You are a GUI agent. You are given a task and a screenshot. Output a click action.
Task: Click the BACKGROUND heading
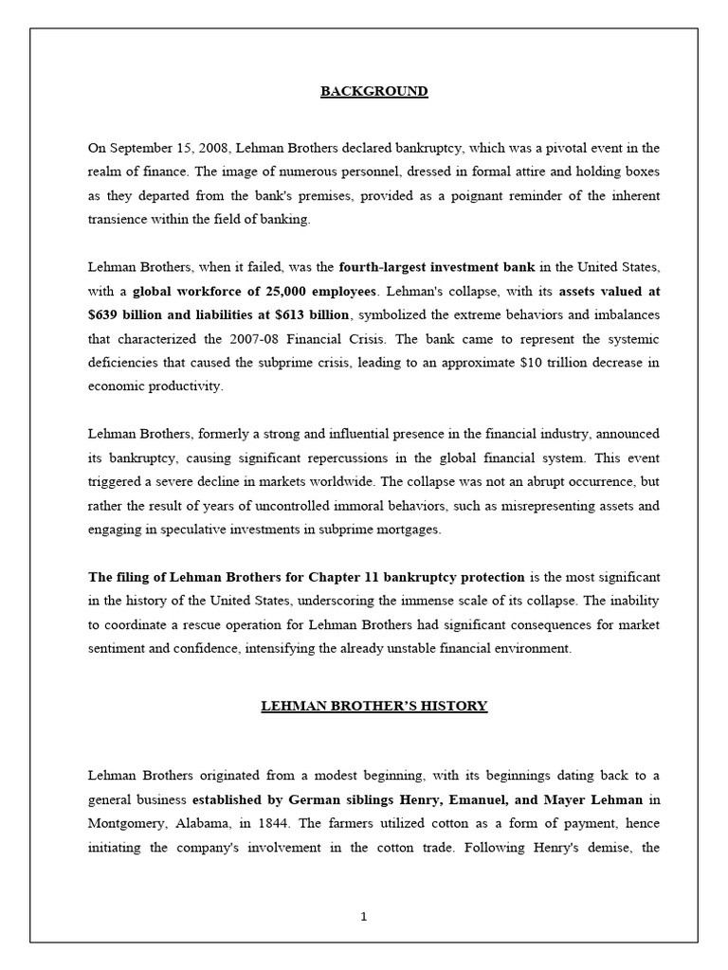coord(373,92)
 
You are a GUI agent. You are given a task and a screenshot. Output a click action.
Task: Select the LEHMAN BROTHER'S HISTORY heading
coord(374,706)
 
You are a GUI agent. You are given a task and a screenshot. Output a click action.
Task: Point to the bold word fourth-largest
coord(382,266)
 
